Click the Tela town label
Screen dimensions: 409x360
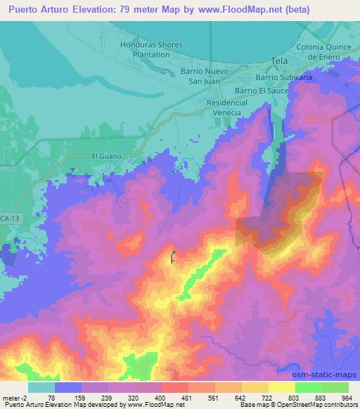[280, 62]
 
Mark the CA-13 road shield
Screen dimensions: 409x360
[8, 218]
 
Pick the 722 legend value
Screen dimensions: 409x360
[264, 397]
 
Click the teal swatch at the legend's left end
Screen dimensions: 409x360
[41, 387]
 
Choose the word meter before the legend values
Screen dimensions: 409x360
[11, 397]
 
